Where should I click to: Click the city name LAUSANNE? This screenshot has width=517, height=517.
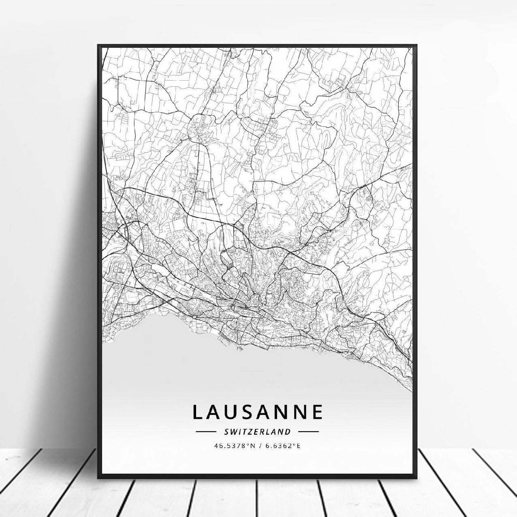point(257,412)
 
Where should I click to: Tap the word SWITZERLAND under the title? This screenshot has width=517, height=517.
point(257,432)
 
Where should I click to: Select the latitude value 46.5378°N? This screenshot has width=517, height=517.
point(235,446)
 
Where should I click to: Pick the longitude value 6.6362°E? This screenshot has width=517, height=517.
point(283,446)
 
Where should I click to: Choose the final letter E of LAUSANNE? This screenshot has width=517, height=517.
point(317,412)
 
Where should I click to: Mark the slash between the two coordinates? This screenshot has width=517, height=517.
point(259,446)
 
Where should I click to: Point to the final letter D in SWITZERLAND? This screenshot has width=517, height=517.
point(288,432)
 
